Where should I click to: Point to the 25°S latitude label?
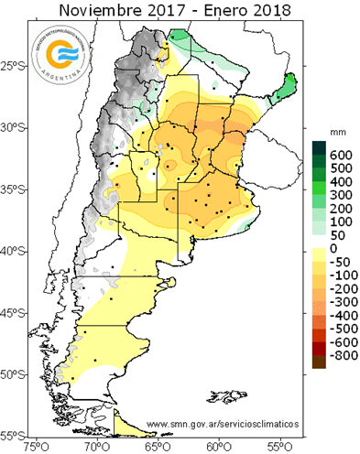pos(15,66)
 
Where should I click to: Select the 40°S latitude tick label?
pos(15,251)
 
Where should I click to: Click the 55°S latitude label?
pos(15,436)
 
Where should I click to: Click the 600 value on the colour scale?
pos(341,154)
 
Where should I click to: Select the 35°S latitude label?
pos(15,189)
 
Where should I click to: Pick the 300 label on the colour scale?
pos(341,195)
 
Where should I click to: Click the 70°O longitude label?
pos(96,447)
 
